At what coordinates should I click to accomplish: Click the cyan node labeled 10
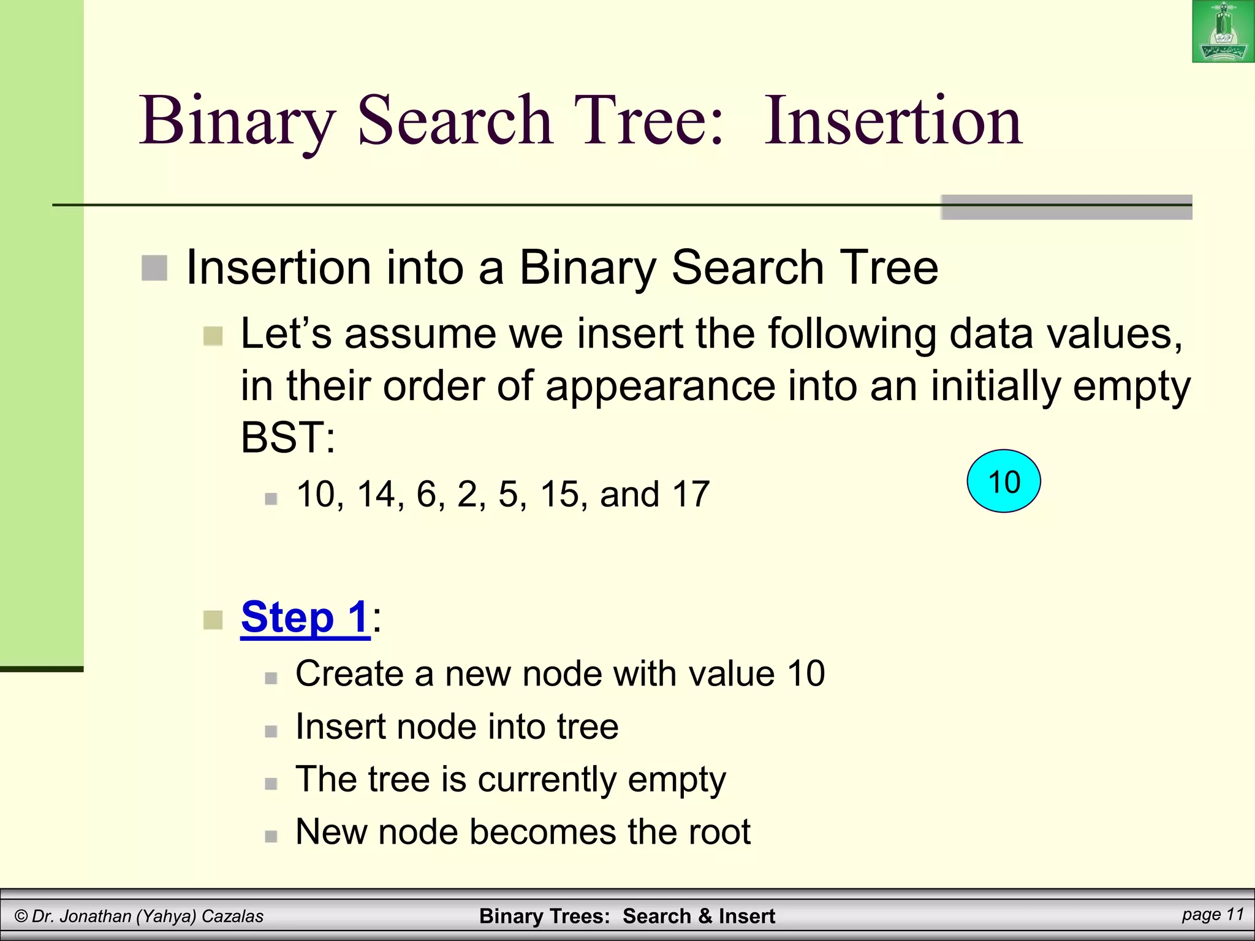(x=1004, y=482)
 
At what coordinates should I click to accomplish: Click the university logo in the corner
(x=1223, y=31)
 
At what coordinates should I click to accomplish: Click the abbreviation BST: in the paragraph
(x=288, y=437)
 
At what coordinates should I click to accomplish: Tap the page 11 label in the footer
(x=1213, y=914)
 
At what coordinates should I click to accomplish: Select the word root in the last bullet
(x=719, y=832)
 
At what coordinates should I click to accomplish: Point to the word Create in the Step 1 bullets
(x=349, y=674)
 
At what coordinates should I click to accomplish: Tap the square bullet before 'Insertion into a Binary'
(x=154, y=268)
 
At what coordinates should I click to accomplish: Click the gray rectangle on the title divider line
(x=1066, y=207)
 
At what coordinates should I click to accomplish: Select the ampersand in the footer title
(x=705, y=916)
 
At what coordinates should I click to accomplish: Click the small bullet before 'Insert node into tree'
(x=271, y=731)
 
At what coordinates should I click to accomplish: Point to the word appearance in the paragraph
(x=660, y=387)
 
